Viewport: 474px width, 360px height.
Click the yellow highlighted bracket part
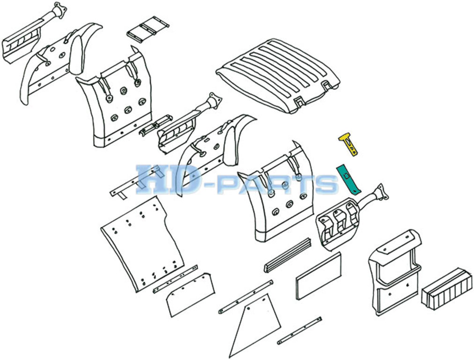[349, 144]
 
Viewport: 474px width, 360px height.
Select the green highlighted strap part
[349, 179]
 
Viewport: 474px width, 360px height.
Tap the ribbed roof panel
[278, 75]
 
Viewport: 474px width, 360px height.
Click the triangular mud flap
[255, 324]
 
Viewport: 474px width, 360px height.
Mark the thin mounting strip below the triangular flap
[299, 330]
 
